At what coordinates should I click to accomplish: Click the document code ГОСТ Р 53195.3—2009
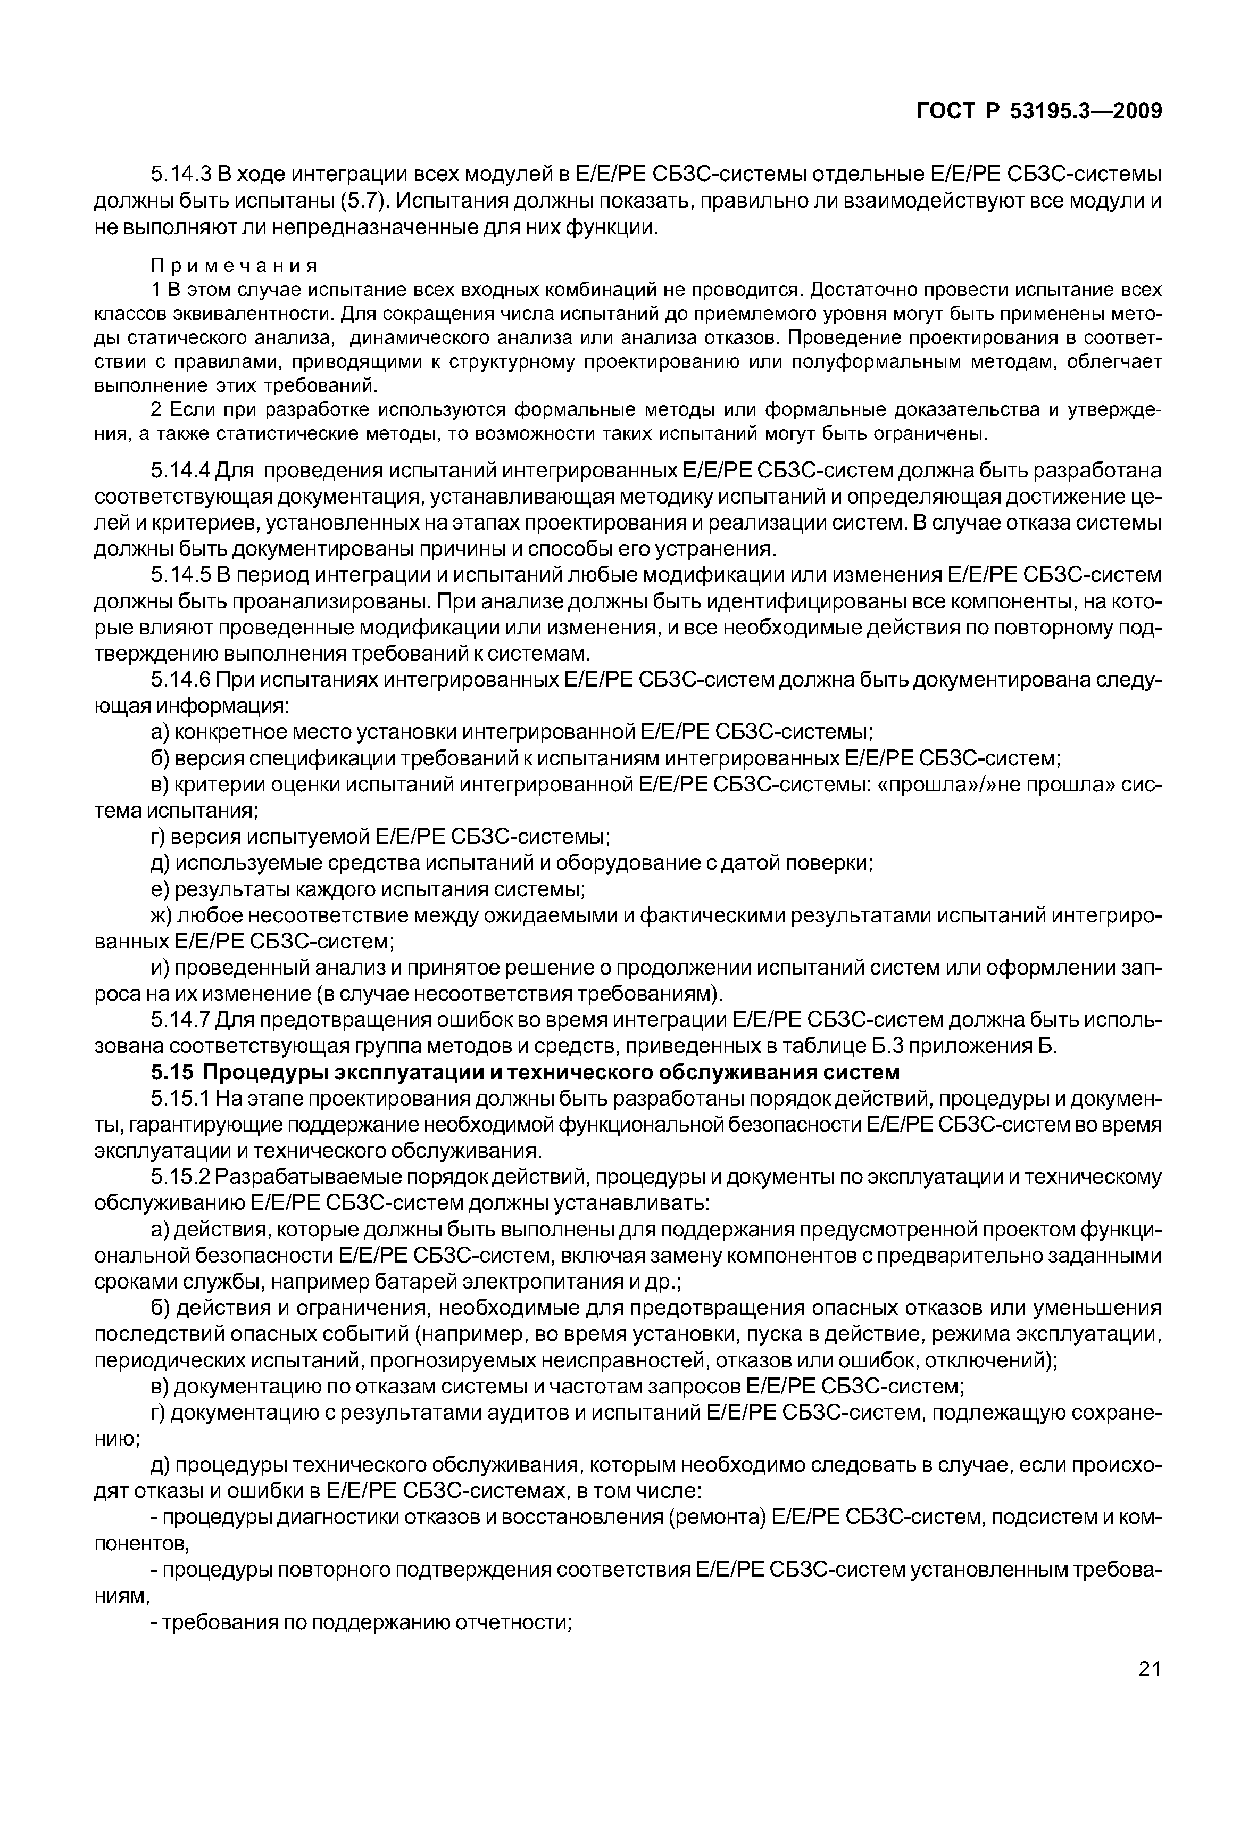click(1039, 112)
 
